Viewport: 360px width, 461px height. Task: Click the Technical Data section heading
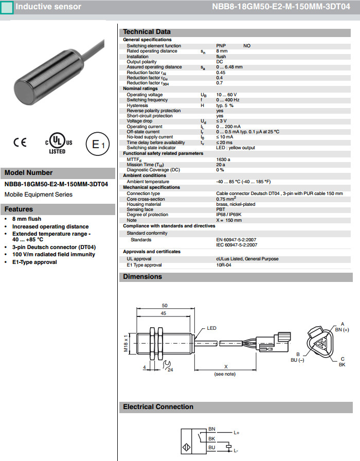147,32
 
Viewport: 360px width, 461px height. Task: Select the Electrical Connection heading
158,406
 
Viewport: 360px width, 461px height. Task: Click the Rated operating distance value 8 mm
222,51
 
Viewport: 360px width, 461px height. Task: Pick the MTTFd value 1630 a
223,159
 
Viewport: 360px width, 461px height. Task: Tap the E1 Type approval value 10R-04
224,265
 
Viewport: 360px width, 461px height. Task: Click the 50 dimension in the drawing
164,306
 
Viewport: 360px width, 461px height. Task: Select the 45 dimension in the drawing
163,313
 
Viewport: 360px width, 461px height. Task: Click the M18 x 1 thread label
127,343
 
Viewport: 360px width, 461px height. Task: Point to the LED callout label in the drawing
212,328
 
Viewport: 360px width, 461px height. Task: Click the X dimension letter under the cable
225,367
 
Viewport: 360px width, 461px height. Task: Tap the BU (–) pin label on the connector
298,360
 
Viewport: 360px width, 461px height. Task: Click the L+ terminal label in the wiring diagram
237,433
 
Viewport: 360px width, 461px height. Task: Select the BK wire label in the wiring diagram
211,439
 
